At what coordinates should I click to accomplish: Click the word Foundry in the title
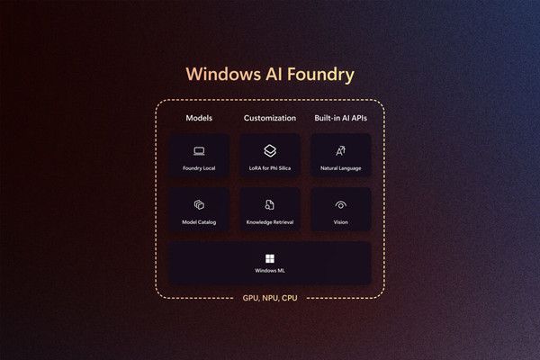(x=317, y=74)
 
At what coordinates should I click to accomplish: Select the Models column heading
(x=199, y=119)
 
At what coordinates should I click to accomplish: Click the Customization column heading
(x=270, y=119)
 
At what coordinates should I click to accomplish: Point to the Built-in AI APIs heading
(x=340, y=119)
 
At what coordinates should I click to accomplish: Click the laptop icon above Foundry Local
(x=199, y=151)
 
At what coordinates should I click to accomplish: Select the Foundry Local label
(x=199, y=168)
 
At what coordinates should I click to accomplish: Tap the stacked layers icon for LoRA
(x=270, y=151)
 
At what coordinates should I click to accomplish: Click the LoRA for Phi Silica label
(x=270, y=168)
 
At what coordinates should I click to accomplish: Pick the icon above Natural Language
(x=340, y=151)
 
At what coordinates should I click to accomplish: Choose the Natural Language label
(x=340, y=168)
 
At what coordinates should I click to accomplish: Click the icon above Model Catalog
(x=199, y=205)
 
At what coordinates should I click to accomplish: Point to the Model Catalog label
(x=199, y=222)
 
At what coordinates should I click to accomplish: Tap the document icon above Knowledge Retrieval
(x=270, y=205)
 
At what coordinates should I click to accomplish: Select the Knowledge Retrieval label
(x=270, y=222)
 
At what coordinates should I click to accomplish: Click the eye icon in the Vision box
(x=340, y=205)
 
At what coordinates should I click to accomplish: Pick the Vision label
(x=340, y=222)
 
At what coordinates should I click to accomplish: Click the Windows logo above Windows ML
(x=270, y=258)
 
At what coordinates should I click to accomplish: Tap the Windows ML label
(x=270, y=271)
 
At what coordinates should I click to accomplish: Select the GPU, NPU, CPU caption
(x=270, y=298)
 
